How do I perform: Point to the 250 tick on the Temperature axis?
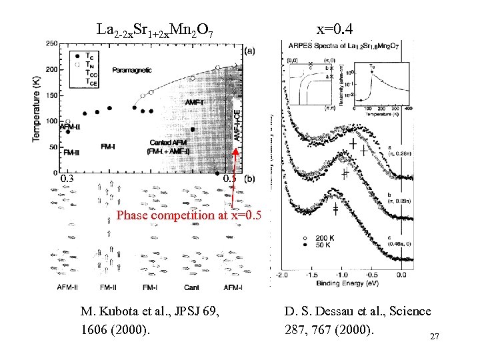point(51,44)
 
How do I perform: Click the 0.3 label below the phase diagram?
point(67,179)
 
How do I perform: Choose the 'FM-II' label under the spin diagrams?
point(109,287)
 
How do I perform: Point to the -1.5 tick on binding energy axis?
point(310,275)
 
